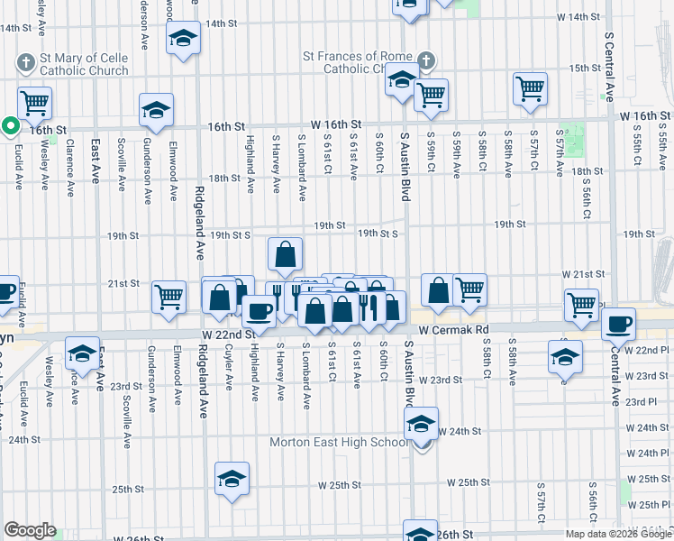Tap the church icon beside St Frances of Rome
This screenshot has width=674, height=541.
[426, 62]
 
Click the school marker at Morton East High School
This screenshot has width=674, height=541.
[421, 424]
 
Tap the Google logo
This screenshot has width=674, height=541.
[30, 529]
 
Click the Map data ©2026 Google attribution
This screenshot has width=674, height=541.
[617, 533]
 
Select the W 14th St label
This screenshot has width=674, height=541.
[578, 17]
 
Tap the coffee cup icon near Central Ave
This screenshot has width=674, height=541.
[619, 323]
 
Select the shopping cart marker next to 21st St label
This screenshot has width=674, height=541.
[169, 297]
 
